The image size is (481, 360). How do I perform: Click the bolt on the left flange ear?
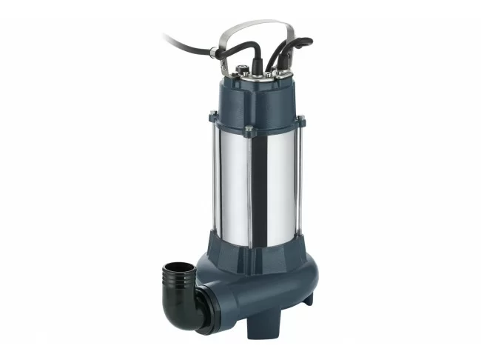point(214,115)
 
